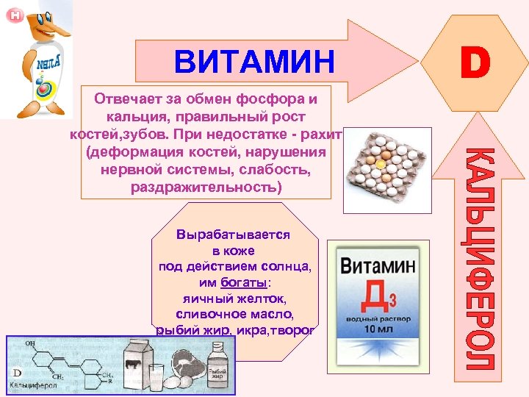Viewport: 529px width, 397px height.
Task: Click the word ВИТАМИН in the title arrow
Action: click(x=254, y=62)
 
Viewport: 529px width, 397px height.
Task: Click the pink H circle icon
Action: click(x=14, y=15)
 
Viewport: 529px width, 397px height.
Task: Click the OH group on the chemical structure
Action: click(x=30, y=343)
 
